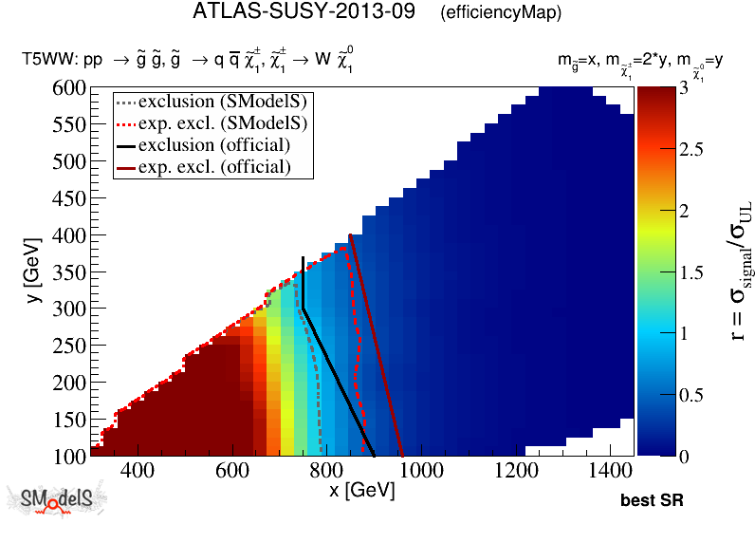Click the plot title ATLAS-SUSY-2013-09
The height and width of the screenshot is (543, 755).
(x=304, y=12)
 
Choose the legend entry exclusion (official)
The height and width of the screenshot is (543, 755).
(x=213, y=144)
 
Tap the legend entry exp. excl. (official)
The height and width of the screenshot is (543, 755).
(x=213, y=167)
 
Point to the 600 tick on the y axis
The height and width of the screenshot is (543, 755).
(x=66, y=88)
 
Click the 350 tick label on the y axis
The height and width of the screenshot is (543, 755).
(x=66, y=272)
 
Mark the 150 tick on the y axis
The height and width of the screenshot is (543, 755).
(x=66, y=420)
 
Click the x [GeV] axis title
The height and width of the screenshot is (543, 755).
(x=361, y=491)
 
